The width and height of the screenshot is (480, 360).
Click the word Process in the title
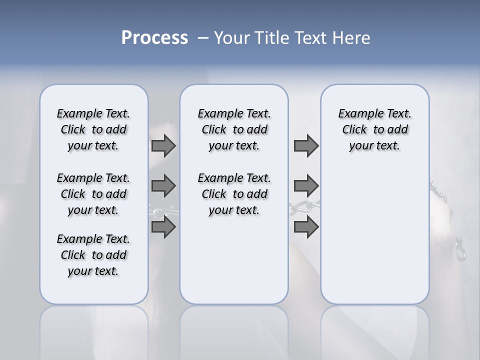point(154,38)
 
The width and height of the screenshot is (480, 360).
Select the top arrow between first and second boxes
point(163,145)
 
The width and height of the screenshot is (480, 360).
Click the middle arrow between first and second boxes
point(163,186)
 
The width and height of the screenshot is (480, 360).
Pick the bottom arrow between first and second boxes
point(163,227)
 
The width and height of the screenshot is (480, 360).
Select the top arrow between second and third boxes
point(306,145)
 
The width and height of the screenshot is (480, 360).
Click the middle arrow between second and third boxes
point(306,186)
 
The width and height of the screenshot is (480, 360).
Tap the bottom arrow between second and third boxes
point(306,227)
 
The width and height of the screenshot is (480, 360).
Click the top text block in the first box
point(93,129)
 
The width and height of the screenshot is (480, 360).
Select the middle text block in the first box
point(93,194)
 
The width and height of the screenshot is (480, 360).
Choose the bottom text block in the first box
point(93,255)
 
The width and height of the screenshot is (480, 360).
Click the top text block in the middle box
point(234,129)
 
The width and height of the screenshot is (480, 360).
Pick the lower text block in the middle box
point(234,194)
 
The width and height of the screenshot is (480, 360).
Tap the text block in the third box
point(374,129)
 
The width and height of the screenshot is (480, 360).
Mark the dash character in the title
point(203,38)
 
